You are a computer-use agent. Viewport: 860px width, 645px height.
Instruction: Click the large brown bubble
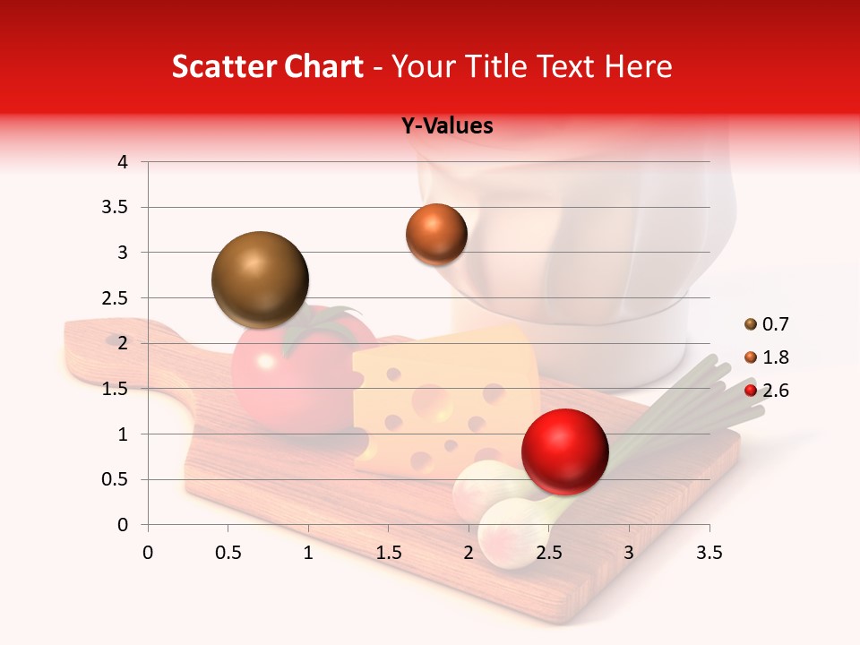tap(260, 279)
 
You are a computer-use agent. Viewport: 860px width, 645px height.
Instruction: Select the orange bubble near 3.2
tap(436, 235)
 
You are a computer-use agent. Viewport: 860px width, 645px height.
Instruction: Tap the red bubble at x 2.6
tap(564, 451)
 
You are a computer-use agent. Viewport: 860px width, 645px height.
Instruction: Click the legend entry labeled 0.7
tap(767, 324)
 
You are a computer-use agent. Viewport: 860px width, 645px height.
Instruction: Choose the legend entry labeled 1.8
tap(767, 357)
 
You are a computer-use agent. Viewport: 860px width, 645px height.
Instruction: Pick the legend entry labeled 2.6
tap(767, 391)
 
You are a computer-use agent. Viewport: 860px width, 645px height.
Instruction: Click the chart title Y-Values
tap(447, 126)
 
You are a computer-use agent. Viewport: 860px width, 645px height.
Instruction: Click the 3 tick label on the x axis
tap(628, 553)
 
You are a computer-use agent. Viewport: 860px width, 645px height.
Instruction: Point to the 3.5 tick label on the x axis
tap(709, 553)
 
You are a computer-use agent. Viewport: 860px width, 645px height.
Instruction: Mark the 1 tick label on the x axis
tap(308, 553)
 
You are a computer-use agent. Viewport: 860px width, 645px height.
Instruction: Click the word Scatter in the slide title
tap(222, 67)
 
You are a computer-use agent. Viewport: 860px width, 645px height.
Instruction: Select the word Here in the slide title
tap(638, 67)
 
